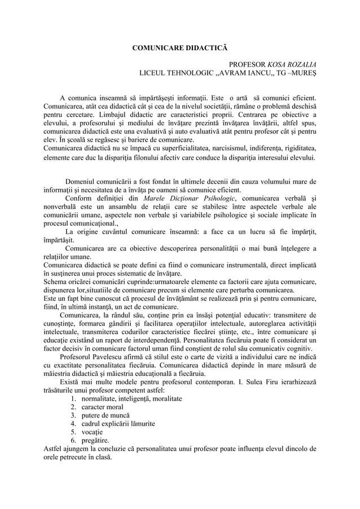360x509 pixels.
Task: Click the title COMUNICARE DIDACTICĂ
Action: click(x=180, y=47)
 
